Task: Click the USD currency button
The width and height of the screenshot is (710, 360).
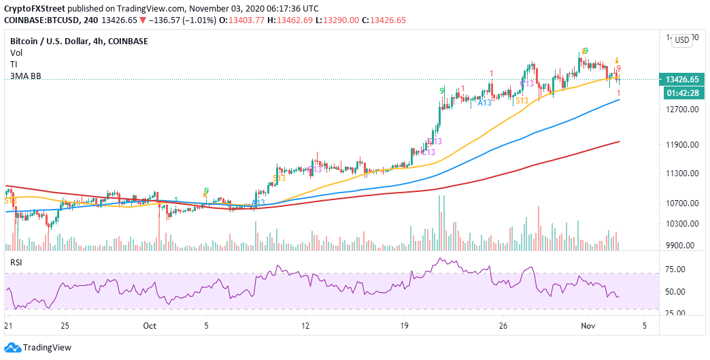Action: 681,40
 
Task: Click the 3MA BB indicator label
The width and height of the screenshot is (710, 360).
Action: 26,76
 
